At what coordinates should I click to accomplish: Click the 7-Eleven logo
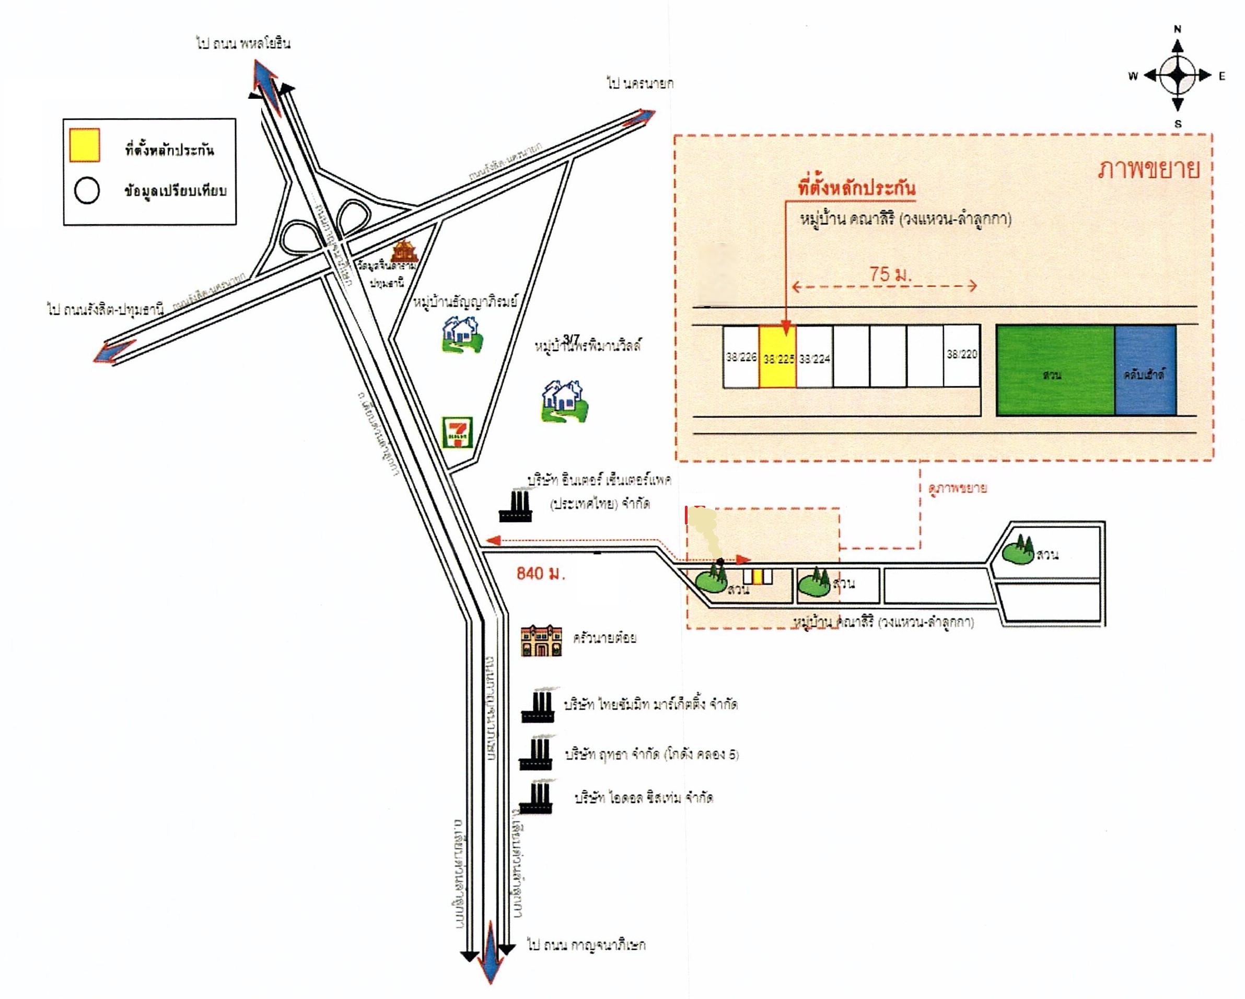(457, 433)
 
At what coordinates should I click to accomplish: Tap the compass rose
(1178, 75)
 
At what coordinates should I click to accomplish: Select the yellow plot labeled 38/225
(777, 356)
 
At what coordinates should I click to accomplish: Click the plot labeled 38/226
(741, 356)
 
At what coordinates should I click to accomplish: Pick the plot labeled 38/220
(961, 356)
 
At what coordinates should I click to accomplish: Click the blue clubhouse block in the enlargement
(1145, 370)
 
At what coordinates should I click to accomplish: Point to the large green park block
(1055, 370)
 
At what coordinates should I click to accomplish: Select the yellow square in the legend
(84, 145)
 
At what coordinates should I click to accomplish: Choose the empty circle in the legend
(87, 191)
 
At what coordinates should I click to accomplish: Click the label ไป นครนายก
(640, 84)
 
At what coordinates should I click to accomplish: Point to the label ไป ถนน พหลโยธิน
(243, 43)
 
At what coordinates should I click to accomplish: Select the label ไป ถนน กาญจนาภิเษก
(586, 945)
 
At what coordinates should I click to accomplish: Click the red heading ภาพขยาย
(1148, 169)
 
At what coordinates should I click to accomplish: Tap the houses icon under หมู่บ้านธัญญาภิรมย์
(462, 334)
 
